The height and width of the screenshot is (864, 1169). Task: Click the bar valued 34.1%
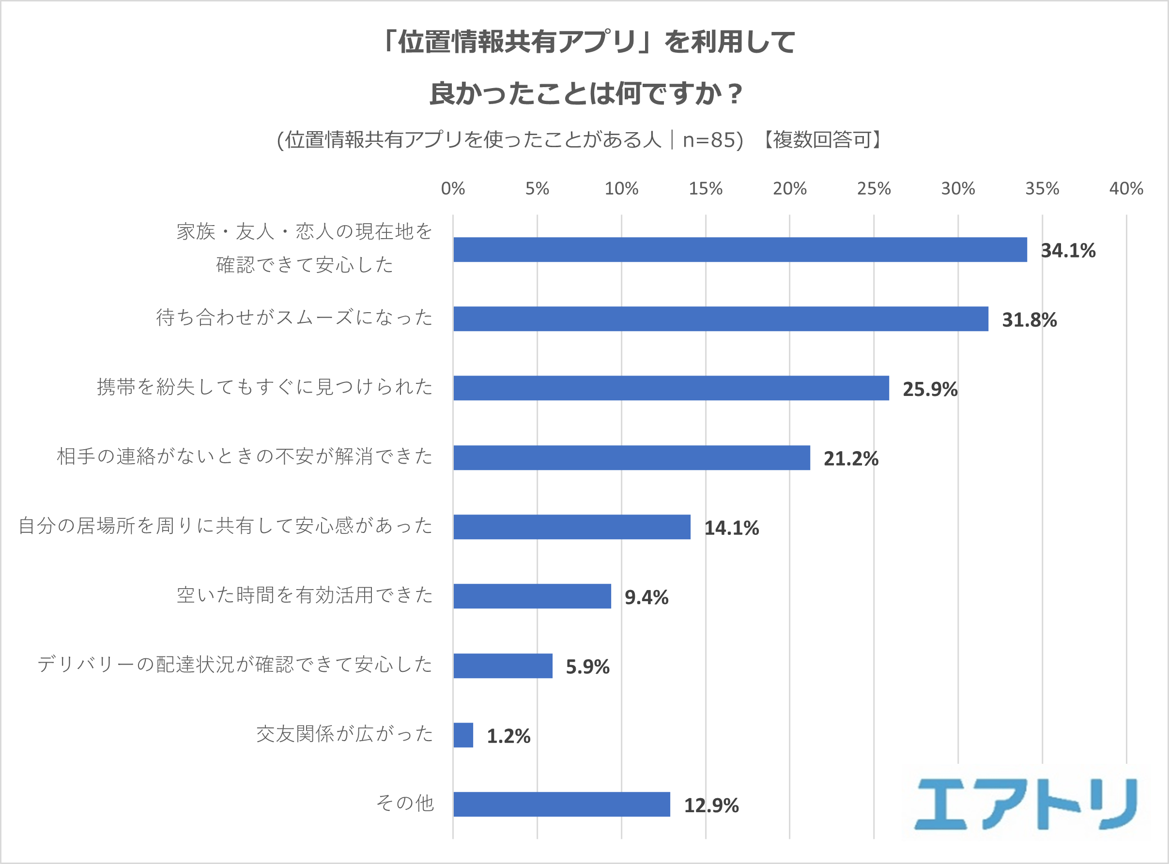(x=740, y=249)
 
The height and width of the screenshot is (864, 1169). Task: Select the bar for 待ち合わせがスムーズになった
(x=721, y=319)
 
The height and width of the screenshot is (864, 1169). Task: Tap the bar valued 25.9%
(x=671, y=388)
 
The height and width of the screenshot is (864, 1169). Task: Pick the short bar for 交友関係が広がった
(x=463, y=735)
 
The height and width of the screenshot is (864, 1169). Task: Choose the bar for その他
(x=561, y=804)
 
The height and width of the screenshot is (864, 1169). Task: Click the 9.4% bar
(x=532, y=596)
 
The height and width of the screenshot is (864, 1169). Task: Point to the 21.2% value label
(x=851, y=459)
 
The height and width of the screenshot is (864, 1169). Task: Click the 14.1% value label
(x=732, y=528)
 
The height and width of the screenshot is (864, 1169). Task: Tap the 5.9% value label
(x=587, y=667)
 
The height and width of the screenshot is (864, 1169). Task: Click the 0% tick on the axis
(x=453, y=188)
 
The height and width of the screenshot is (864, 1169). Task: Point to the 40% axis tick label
(x=1126, y=188)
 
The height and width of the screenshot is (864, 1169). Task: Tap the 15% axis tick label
(x=706, y=188)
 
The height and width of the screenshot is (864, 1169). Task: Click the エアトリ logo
(x=1026, y=804)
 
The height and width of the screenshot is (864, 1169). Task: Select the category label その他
(x=405, y=803)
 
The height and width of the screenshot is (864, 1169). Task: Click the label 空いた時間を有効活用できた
(x=305, y=595)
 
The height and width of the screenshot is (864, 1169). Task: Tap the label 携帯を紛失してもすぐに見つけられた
(x=265, y=387)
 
